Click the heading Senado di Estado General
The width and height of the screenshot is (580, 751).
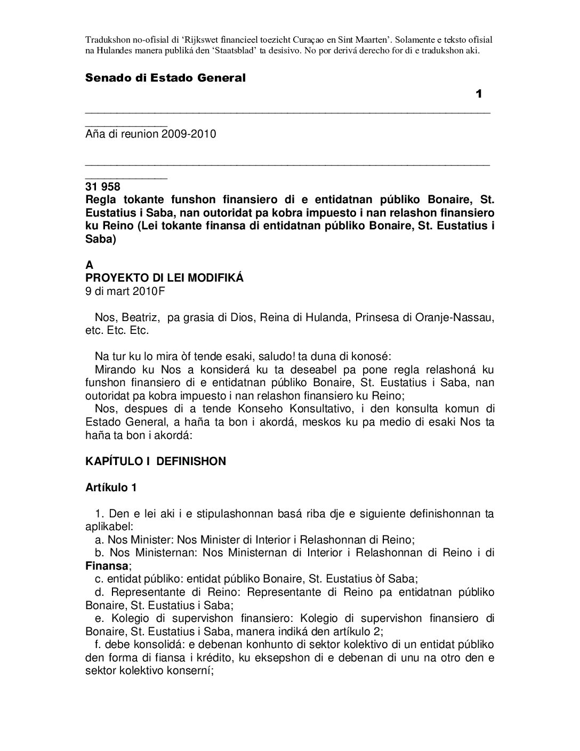click(165, 78)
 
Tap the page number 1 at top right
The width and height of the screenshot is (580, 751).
click(479, 94)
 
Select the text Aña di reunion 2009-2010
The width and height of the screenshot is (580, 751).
click(151, 134)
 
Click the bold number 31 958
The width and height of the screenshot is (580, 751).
click(103, 187)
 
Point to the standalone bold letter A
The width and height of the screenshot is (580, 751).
click(89, 265)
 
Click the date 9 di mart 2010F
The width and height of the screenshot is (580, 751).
click(126, 291)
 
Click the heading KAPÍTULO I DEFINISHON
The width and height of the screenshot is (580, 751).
click(156, 461)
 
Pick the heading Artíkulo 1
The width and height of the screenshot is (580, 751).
click(111, 488)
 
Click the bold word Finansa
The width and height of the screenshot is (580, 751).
click(107, 565)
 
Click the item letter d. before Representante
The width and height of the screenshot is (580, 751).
click(100, 592)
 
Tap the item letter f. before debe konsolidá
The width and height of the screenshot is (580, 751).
click(99, 644)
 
